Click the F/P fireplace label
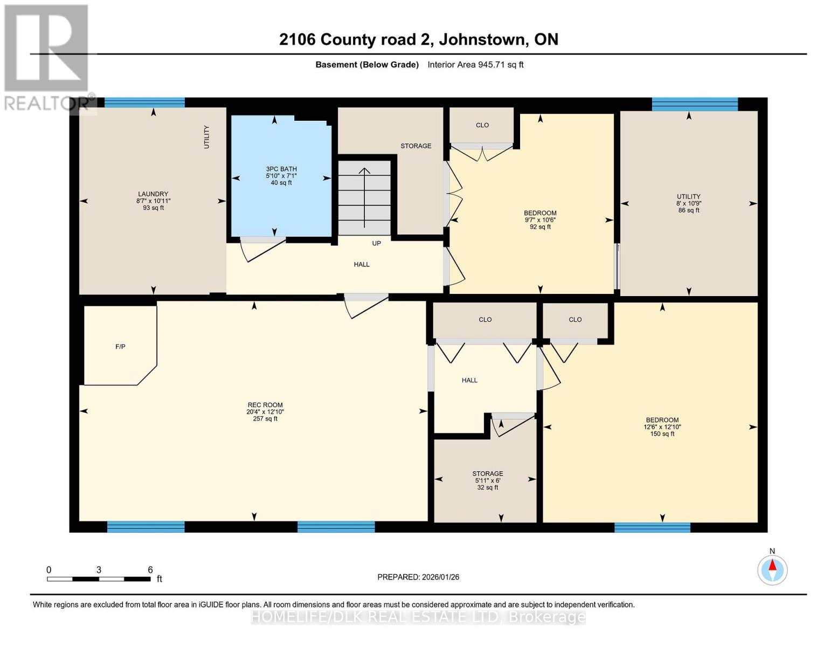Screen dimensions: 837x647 (x=120, y=347)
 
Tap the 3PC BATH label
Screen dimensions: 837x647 (x=281, y=169)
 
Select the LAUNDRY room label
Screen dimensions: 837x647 (x=153, y=194)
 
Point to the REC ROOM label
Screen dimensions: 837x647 (x=265, y=404)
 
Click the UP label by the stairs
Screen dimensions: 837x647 (x=376, y=243)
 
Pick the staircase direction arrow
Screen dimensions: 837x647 (x=364, y=198)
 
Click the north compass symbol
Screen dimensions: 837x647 (x=772, y=570)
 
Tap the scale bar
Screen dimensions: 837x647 (x=99, y=579)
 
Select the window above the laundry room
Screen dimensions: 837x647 (x=144, y=102)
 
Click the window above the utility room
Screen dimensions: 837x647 (x=695, y=105)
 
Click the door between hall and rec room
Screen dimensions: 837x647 (x=366, y=306)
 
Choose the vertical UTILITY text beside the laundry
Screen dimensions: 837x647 (x=207, y=137)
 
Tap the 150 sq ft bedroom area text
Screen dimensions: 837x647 (x=662, y=434)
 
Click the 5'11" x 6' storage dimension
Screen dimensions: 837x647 (x=488, y=480)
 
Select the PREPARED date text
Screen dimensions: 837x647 (x=418, y=577)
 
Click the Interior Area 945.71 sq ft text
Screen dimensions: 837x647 (x=475, y=65)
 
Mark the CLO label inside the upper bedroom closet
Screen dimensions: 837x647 (x=482, y=125)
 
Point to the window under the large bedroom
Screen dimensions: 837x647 (x=652, y=527)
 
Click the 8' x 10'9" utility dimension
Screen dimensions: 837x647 (x=689, y=203)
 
